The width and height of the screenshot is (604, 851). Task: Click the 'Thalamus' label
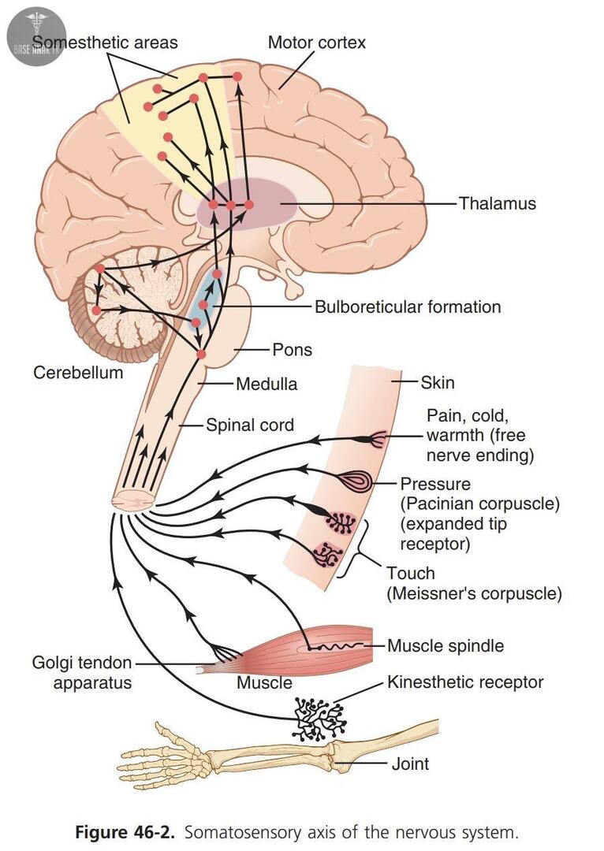497,203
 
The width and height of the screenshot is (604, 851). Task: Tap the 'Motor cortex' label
317,43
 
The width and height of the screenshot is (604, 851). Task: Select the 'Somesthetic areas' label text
106,43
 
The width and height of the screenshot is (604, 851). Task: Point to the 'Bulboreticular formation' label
408,307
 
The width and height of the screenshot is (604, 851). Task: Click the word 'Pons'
292,349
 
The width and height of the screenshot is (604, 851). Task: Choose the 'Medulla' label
267,385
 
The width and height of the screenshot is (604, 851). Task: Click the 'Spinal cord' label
250,425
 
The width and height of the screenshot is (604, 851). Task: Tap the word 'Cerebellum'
78,372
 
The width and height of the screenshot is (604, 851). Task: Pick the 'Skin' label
438,383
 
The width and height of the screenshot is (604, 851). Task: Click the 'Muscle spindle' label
446,646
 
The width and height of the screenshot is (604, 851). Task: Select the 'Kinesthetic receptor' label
465,682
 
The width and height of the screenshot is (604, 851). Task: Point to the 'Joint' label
411,764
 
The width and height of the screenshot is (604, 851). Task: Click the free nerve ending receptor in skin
378,439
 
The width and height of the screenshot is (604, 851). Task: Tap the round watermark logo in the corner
35,35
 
